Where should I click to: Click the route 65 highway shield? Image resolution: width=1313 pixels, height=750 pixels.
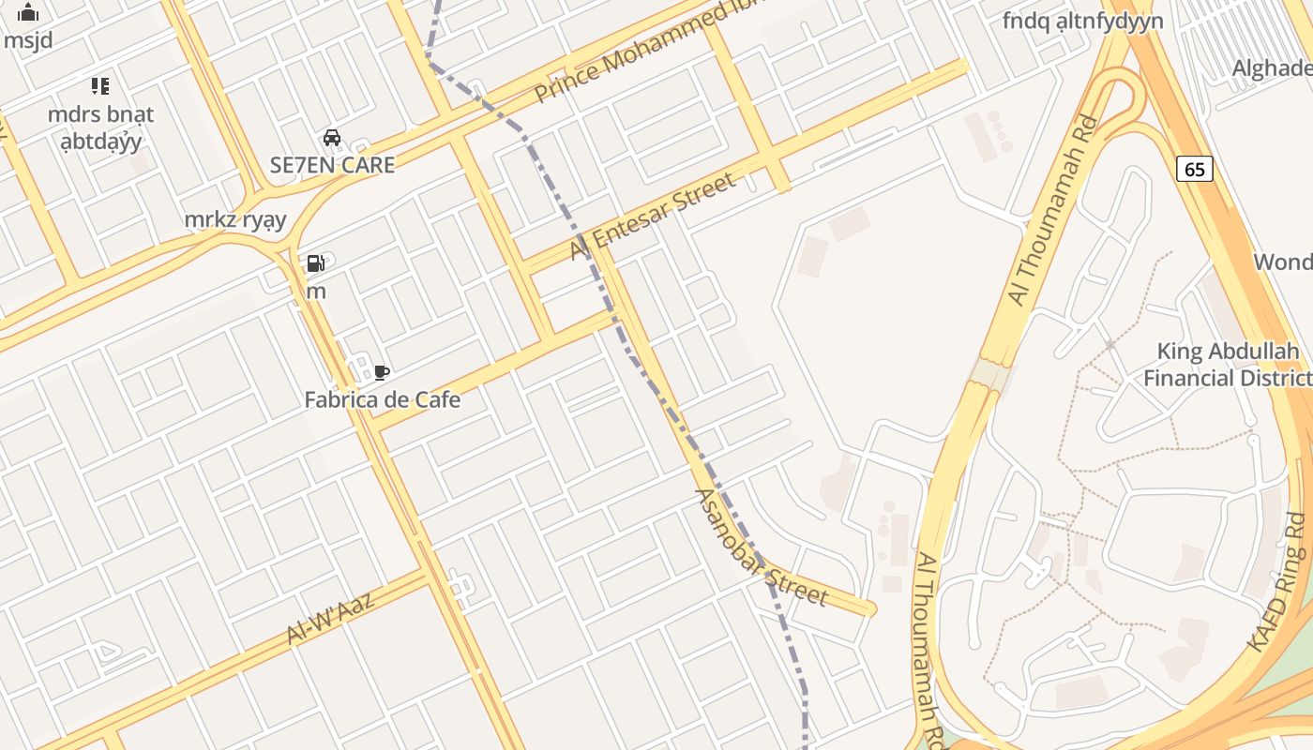(1194, 169)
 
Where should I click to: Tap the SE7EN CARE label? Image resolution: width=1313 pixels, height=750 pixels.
(332, 165)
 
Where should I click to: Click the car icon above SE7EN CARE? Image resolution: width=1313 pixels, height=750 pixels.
(331, 138)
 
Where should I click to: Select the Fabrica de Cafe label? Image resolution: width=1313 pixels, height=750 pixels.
(383, 400)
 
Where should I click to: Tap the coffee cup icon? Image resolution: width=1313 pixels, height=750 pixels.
(381, 372)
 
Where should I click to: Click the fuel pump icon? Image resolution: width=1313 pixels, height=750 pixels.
(316, 263)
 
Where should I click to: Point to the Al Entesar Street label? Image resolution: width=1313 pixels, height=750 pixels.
(654, 217)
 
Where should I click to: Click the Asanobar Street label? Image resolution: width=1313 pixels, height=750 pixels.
(762, 547)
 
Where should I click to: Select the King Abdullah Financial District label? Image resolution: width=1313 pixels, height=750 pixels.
(1227, 365)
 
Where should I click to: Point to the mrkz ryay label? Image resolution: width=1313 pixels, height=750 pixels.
(235, 219)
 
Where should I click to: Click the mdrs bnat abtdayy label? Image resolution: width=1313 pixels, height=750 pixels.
(100, 127)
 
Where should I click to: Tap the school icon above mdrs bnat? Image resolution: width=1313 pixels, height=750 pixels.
(100, 86)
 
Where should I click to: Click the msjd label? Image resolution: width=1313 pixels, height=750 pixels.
(28, 40)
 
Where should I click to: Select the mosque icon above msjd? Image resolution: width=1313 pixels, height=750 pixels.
(29, 12)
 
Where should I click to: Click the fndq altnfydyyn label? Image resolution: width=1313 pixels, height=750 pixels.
(1082, 21)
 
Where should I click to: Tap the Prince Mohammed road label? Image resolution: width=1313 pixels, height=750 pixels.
(647, 52)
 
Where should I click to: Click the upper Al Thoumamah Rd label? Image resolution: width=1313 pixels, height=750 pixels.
(1052, 210)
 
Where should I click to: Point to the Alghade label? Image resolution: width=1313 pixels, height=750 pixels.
(1271, 67)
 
